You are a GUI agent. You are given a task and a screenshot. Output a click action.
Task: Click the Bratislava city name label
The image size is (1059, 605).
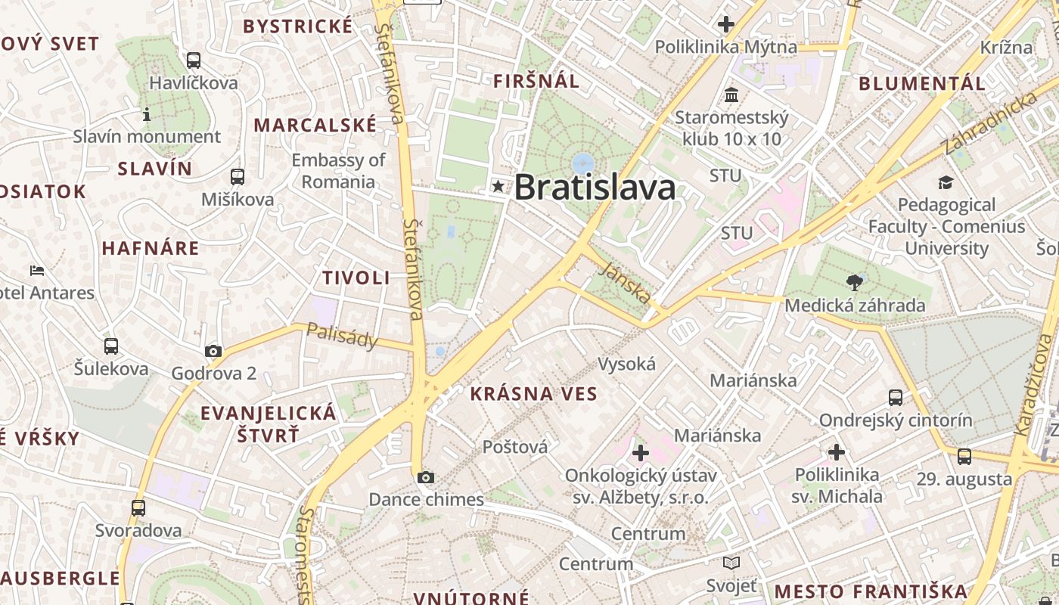coord(595,188)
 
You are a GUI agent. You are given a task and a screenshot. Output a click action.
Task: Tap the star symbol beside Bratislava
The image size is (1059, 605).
coord(498,185)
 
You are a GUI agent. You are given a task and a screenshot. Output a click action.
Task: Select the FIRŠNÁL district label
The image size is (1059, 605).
coord(536,81)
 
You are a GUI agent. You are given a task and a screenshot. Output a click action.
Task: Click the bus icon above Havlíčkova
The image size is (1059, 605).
coord(194,60)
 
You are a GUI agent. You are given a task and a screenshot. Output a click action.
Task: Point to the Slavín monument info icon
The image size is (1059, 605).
coord(147,114)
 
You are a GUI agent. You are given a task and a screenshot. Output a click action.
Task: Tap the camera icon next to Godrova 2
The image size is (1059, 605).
coord(213,351)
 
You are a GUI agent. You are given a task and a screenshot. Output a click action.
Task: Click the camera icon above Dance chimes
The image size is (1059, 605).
coord(426,477)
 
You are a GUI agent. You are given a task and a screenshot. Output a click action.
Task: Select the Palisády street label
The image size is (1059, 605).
coord(343,336)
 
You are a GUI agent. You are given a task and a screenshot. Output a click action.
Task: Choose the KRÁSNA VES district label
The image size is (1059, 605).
coord(533,393)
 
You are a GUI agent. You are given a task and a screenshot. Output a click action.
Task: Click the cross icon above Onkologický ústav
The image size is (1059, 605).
coord(641,453)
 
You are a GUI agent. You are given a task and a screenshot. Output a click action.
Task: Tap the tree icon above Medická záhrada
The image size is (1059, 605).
coord(855,283)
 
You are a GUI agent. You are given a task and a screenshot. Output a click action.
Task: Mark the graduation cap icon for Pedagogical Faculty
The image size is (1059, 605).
coord(946,182)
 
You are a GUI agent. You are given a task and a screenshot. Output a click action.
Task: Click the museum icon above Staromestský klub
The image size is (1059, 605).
coord(731,95)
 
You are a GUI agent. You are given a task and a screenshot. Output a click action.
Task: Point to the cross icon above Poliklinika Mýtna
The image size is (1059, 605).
coord(726,24)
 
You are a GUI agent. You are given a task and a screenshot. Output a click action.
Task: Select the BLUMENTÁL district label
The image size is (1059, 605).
coord(922,83)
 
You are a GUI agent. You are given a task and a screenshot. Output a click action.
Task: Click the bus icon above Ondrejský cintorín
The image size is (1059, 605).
coord(896,397)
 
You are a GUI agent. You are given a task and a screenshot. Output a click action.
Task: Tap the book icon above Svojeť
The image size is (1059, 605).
coord(731,563)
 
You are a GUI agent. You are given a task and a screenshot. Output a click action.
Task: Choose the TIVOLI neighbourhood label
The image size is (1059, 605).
coord(356,278)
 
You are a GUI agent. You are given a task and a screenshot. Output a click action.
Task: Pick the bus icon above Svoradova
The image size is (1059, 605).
coord(138,507)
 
